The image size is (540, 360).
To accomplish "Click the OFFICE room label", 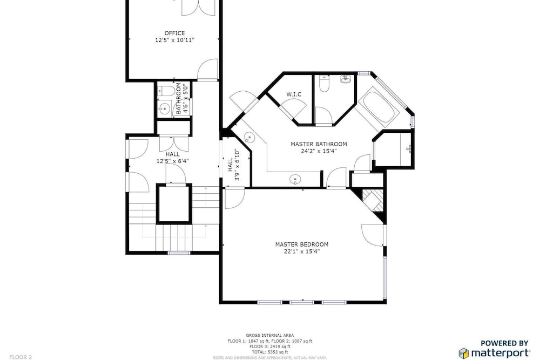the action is coord(174,33).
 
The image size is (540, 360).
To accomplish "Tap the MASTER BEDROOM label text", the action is coord(302,244).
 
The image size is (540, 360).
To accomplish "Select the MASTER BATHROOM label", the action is coord(319,144).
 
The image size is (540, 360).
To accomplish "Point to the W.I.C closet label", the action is coord(294,94).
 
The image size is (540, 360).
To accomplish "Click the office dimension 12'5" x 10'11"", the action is coord(174,40).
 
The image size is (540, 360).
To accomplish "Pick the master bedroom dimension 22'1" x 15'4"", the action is coord(302,252).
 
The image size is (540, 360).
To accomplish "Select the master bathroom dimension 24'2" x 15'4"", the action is coord(319,151).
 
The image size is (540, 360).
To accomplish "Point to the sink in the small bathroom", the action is coord(165,108).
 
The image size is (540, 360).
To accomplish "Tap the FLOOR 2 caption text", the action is coord(21,357).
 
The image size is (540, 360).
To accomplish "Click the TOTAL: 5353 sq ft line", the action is coord(269,352).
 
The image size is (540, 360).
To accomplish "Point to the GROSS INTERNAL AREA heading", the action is coord(269,335).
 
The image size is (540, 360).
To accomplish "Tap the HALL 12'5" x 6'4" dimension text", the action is coord(173,161).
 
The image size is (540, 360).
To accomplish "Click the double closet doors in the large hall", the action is coord(174,144).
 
